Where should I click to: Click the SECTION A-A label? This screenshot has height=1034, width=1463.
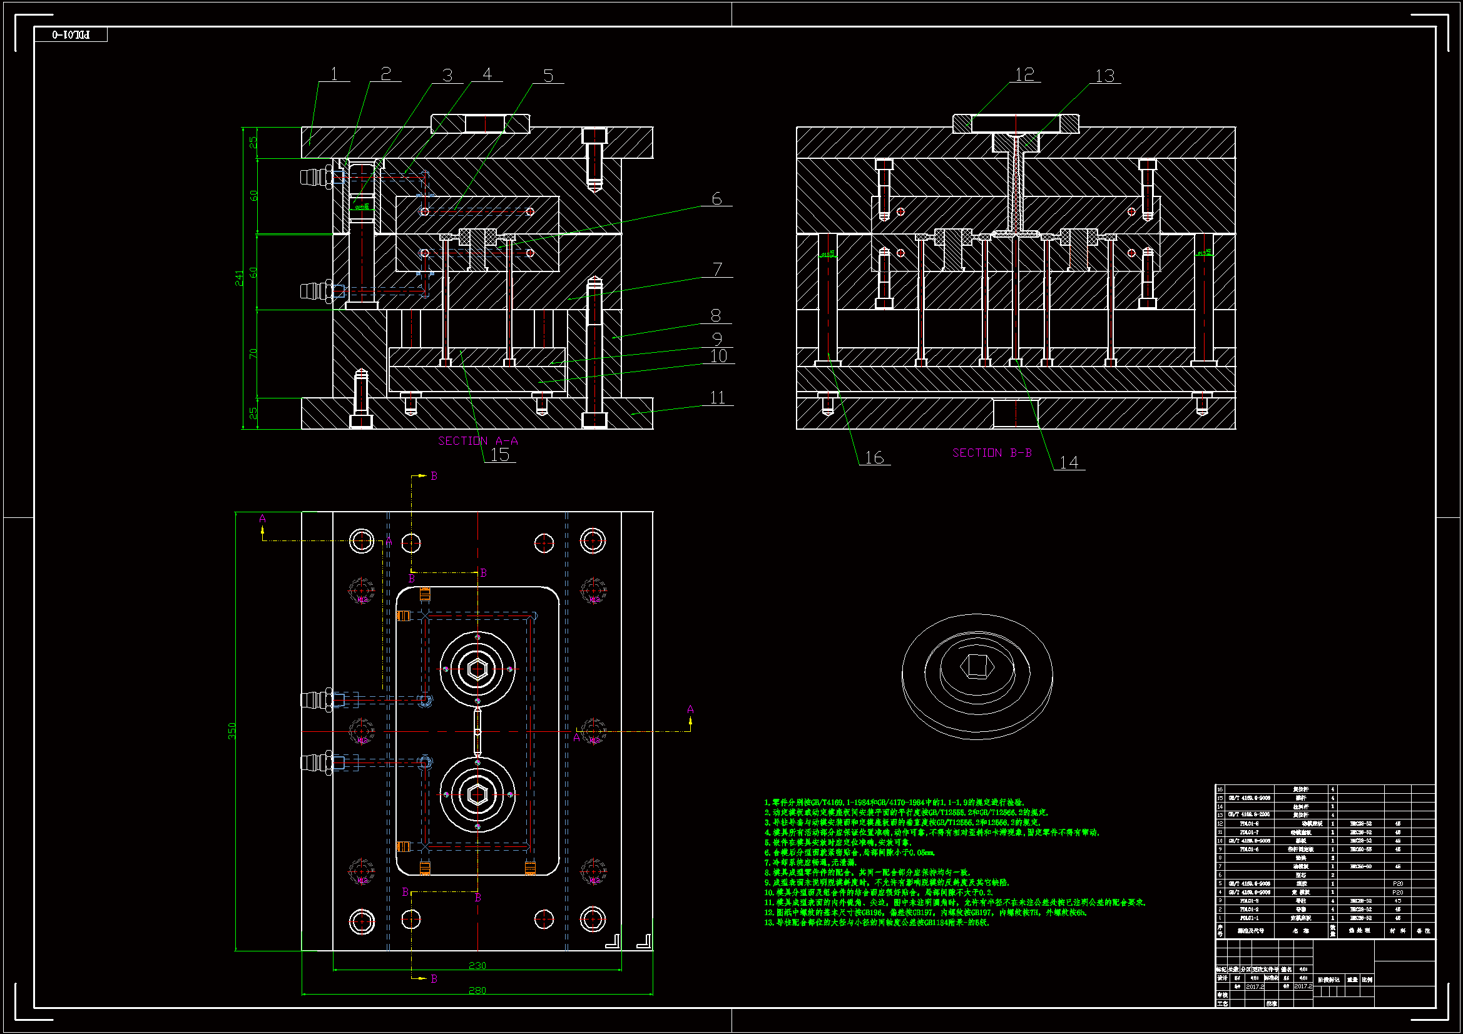coord(477,440)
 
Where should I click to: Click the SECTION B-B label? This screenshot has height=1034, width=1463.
coord(991,452)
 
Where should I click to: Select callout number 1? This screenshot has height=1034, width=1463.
coord(334,74)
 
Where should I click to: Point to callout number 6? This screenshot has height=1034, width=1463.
coord(716,199)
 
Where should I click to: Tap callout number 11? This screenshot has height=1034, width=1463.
coord(718,398)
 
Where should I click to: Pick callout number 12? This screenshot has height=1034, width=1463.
coord(1024,74)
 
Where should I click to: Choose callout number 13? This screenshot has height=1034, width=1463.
coord(1104,76)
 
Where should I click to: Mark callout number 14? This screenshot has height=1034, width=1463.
coord(1069,462)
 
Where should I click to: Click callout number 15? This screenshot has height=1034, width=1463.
coord(499,454)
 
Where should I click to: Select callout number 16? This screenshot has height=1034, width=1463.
coord(874,457)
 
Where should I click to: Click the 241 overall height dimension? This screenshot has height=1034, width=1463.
coord(239,278)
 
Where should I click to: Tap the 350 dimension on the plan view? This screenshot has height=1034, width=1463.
coord(232,731)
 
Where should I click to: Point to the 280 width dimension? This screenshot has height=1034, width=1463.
coord(477,990)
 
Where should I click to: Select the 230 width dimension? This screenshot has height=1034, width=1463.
coord(477,965)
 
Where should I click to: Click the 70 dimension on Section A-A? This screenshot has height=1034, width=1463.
coord(253,353)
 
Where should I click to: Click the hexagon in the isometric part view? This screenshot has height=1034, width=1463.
coord(976,666)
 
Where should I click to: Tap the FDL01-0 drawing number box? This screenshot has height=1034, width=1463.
coord(71,34)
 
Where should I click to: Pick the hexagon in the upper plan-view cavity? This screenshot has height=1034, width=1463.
coord(477,669)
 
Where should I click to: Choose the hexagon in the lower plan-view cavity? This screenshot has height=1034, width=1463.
coord(477,794)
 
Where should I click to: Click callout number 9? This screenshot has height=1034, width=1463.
coord(717,339)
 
